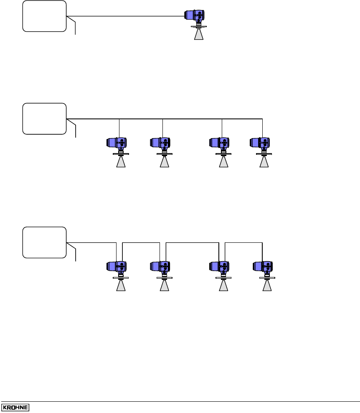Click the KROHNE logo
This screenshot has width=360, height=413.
click(15, 407)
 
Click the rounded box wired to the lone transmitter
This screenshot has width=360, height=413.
click(44, 16)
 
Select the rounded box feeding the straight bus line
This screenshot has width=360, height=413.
click(44, 118)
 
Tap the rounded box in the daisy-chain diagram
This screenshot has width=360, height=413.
click(44, 243)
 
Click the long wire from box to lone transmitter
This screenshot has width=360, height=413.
click(125, 16)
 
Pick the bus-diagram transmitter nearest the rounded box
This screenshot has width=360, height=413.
click(117, 143)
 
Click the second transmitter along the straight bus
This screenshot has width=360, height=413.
click(160, 143)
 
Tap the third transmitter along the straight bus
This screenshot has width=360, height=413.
click(220, 143)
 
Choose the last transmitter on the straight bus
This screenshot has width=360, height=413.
click(260, 143)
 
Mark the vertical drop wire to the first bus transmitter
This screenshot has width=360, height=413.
click(119, 128)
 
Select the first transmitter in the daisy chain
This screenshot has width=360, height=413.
click(117, 266)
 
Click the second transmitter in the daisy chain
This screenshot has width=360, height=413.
click(160, 266)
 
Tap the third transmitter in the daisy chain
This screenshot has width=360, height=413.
click(220, 266)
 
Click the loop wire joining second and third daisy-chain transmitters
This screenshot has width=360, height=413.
click(192, 242)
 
